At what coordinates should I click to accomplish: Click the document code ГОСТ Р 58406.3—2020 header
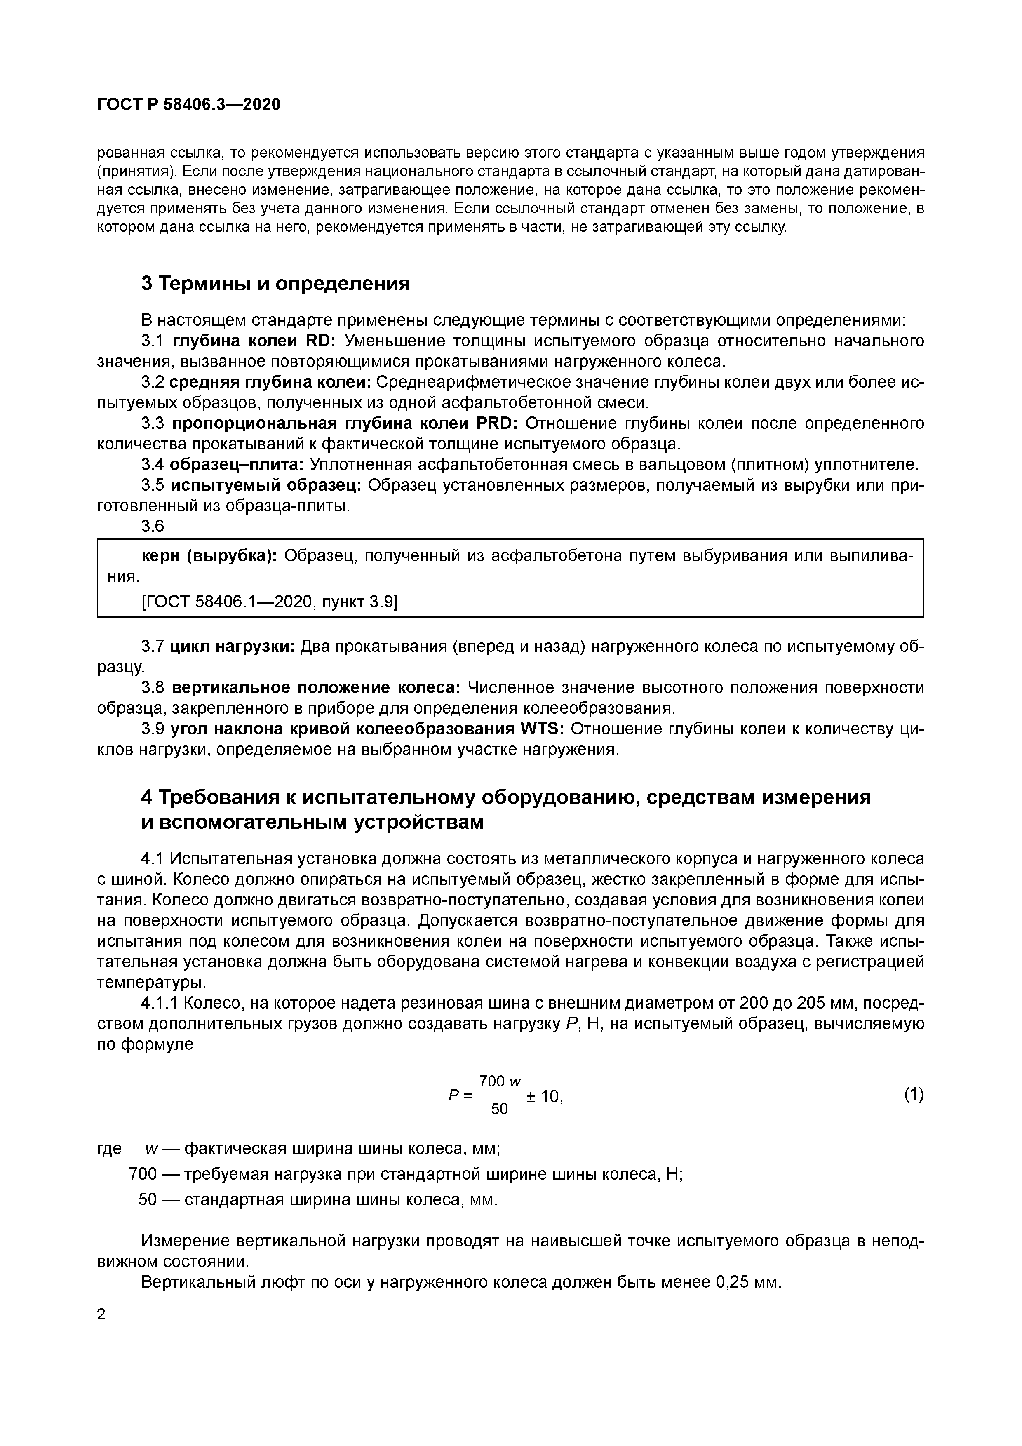[x=189, y=105]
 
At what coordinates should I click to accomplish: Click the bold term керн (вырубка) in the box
[x=208, y=556]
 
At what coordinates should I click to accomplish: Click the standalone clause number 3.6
[x=153, y=526]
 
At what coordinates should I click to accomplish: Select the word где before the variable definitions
[x=110, y=1149]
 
